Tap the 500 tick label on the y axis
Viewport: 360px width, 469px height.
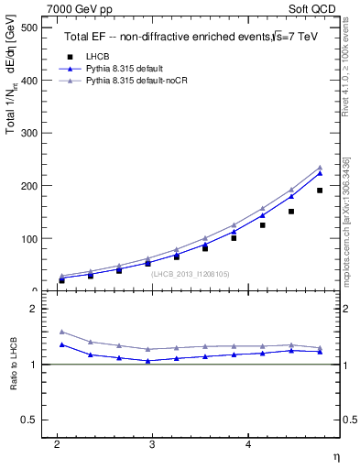(27, 27)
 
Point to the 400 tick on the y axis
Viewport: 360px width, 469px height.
(27, 81)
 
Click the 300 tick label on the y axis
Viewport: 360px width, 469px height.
(27, 133)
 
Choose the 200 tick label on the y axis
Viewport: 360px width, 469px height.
(27, 186)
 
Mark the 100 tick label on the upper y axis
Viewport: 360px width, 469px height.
(27, 238)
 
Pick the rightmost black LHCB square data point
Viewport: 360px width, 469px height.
(320, 191)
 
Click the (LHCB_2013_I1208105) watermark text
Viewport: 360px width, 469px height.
(191, 273)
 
